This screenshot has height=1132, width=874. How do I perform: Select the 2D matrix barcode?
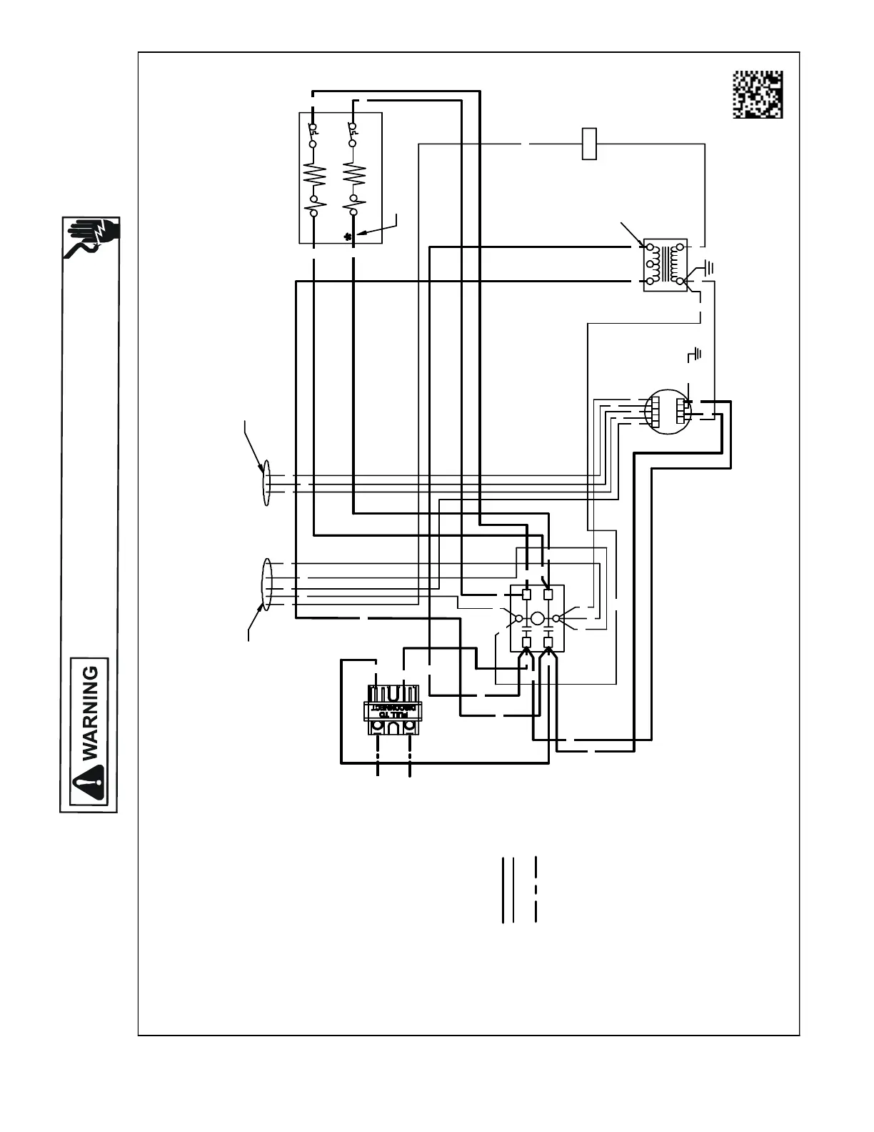(x=758, y=94)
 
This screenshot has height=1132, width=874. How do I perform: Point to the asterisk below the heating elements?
(x=348, y=237)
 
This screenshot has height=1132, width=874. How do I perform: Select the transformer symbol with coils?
(x=665, y=265)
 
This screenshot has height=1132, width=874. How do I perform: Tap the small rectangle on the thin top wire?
(x=589, y=144)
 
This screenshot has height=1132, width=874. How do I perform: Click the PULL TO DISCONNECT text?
(x=391, y=710)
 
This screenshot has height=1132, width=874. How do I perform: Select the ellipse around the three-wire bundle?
(x=266, y=482)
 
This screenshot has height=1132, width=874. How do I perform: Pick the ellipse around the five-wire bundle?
(x=268, y=585)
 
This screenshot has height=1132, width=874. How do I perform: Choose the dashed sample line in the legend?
(x=535, y=890)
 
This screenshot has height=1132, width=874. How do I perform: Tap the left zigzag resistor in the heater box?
(x=314, y=174)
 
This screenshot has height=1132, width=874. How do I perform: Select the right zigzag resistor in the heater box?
(x=352, y=174)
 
